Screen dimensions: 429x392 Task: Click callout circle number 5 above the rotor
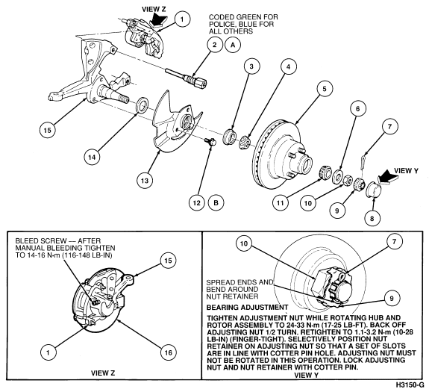pyautogui.click(x=325, y=89)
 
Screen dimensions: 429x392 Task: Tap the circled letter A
pyautogui.click(x=233, y=45)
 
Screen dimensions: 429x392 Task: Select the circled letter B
pyautogui.click(x=216, y=203)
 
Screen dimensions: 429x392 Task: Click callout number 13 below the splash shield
pyautogui.click(x=145, y=181)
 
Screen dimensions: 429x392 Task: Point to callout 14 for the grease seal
pyautogui.click(x=93, y=157)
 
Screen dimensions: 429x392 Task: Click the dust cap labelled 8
pyautogui.click(x=373, y=188)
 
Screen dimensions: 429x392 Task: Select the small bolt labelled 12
pyautogui.click(x=210, y=142)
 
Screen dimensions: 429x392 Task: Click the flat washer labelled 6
pyautogui.click(x=338, y=176)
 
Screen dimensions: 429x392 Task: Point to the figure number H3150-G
pyautogui.click(x=410, y=385)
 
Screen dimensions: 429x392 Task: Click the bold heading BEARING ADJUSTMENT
pyautogui.click(x=247, y=308)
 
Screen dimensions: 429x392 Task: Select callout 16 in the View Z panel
pyautogui.click(x=168, y=352)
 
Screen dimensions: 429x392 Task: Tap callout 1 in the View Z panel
pyautogui.click(x=48, y=352)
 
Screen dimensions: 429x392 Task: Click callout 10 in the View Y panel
pyautogui.click(x=244, y=243)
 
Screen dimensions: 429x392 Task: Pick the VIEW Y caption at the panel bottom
pyautogui.click(x=307, y=375)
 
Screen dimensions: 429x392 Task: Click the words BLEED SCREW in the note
pyautogui.click(x=41, y=241)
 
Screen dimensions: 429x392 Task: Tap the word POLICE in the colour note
pyautogui.click(x=221, y=24)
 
